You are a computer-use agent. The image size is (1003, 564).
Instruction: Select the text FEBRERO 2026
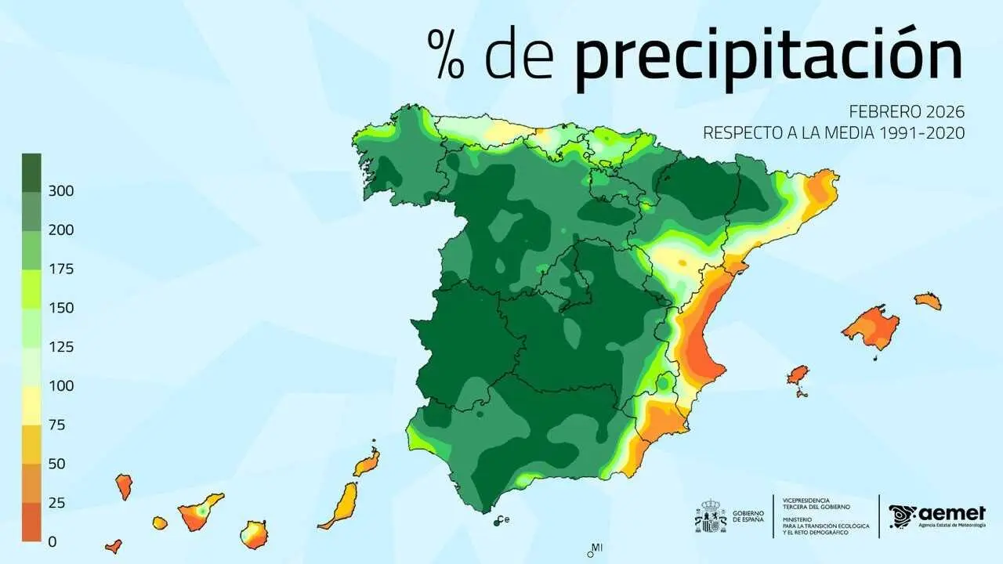(x=907, y=112)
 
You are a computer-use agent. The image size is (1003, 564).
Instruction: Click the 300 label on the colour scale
(x=62, y=191)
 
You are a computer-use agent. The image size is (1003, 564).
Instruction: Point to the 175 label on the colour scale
(x=62, y=269)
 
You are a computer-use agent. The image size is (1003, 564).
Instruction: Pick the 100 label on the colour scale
(x=62, y=386)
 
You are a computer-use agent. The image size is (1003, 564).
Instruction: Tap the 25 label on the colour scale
(x=57, y=503)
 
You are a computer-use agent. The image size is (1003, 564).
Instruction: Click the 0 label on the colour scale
(x=53, y=541)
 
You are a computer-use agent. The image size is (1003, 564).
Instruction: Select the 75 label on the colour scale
(x=57, y=425)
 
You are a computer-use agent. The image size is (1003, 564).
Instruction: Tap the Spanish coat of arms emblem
(x=711, y=516)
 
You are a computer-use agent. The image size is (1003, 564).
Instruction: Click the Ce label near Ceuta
(x=504, y=519)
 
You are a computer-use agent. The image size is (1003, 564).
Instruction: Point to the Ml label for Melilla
(x=597, y=547)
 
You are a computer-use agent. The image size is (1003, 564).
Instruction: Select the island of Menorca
(x=927, y=300)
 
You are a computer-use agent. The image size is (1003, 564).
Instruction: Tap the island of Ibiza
(x=798, y=375)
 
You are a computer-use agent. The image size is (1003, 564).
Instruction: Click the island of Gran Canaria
(x=254, y=535)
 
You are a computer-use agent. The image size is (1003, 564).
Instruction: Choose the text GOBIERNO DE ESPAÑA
(x=748, y=516)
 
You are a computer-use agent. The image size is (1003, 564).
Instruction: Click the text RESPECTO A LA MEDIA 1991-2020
(x=833, y=133)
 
